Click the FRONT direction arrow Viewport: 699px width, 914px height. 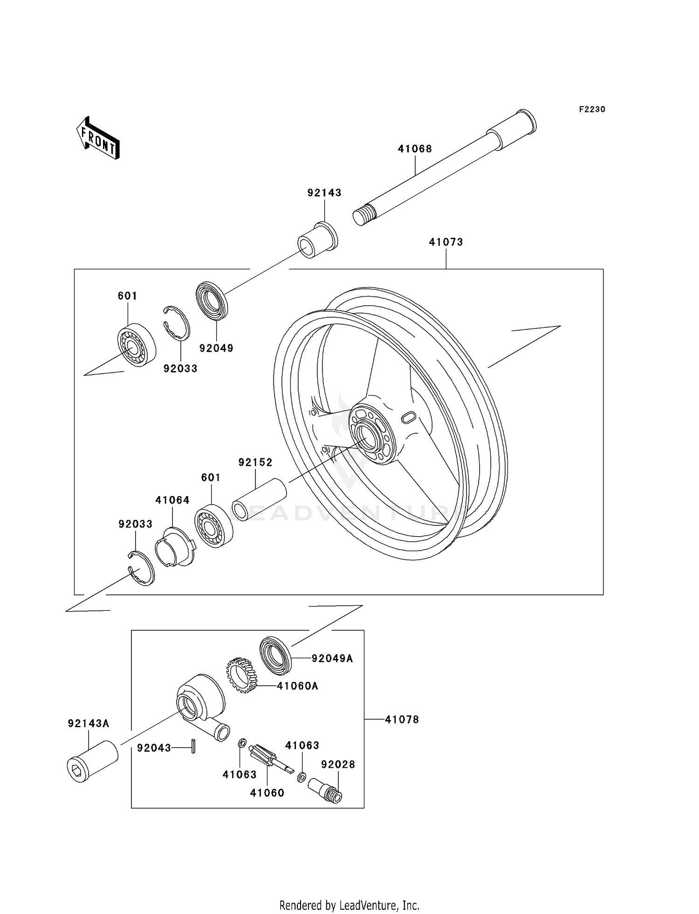pyautogui.click(x=98, y=138)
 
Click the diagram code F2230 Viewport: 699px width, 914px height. pyautogui.click(x=592, y=109)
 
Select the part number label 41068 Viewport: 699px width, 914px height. pyautogui.click(x=415, y=149)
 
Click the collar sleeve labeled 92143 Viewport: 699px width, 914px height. pyautogui.click(x=317, y=240)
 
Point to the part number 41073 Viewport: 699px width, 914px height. pyautogui.click(x=446, y=242)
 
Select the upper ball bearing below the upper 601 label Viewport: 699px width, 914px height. pyautogui.click(x=136, y=344)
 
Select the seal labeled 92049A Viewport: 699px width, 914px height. pyautogui.click(x=275, y=655)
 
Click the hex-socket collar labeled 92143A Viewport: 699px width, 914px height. pyautogui.click(x=92, y=761)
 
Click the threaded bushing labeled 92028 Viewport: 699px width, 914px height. pyautogui.click(x=325, y=790)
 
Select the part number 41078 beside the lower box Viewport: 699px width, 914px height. pyautogui.click(x=402, y=720)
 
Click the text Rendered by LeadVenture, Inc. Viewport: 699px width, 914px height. pyautogui.click(x=349, y=905)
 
